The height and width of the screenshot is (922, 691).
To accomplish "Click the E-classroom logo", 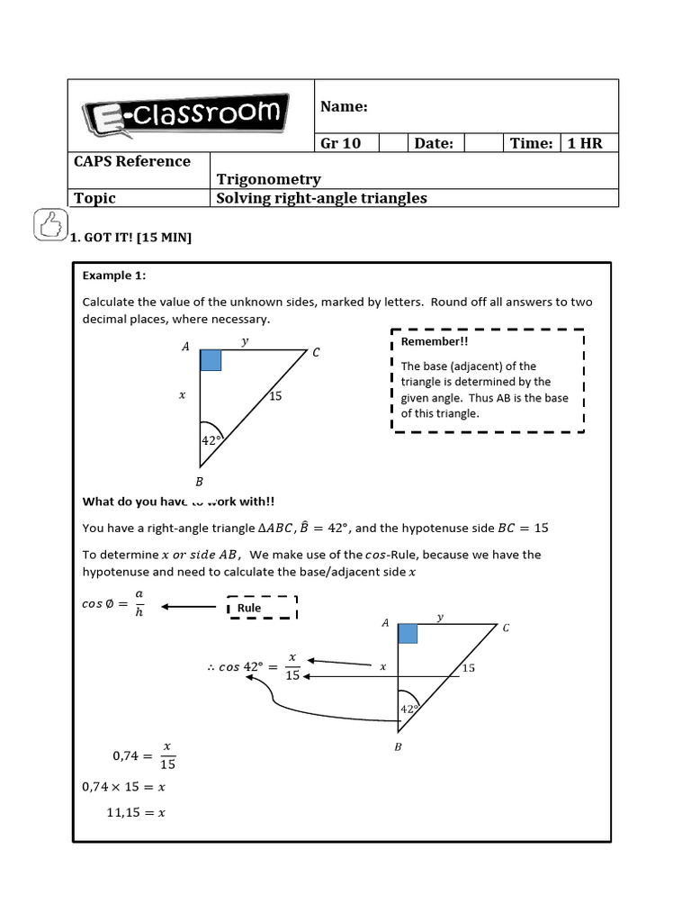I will coord(186,116).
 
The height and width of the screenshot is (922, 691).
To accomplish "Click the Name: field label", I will coord(345,107).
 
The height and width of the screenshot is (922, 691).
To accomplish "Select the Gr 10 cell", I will coord(341,143).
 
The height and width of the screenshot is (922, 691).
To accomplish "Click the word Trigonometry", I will coord(268,179).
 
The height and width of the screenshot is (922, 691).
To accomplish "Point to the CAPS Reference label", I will coord(132,161).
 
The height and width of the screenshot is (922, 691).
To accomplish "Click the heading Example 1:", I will coord(113,275).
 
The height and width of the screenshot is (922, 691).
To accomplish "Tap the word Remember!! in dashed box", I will coord(435,342).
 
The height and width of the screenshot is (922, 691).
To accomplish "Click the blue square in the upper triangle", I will coord(211,359).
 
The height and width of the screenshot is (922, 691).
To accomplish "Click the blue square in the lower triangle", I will coord(408,634).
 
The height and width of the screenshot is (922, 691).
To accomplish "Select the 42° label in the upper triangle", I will coord(211,439).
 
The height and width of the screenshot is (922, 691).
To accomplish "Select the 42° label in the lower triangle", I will coord(409,709).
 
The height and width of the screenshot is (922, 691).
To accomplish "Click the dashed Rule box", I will coord(262,608).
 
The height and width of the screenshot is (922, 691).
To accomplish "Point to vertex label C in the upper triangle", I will coord(316,354).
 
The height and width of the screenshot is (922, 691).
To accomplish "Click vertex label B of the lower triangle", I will coord(398,747).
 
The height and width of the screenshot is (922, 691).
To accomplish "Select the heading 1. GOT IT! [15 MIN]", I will coord(130,238).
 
